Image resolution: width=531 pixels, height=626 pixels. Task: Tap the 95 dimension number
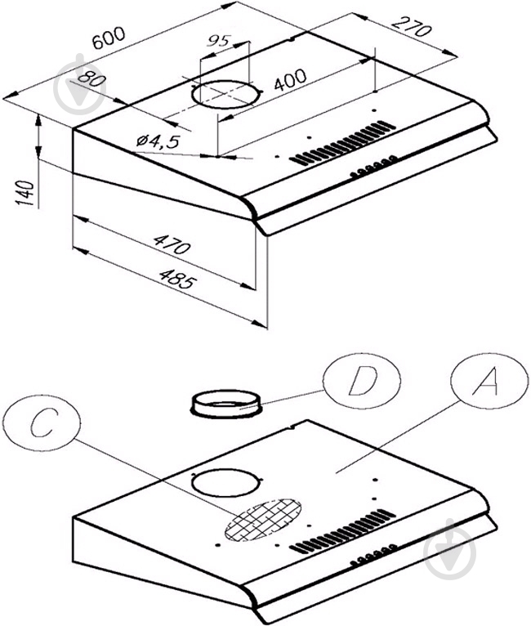[219, 39]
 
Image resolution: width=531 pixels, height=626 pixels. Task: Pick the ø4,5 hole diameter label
[158, 141]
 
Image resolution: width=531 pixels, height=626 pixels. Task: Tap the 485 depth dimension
[179, 284]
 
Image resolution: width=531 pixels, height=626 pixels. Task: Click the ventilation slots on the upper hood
[341, 144]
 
